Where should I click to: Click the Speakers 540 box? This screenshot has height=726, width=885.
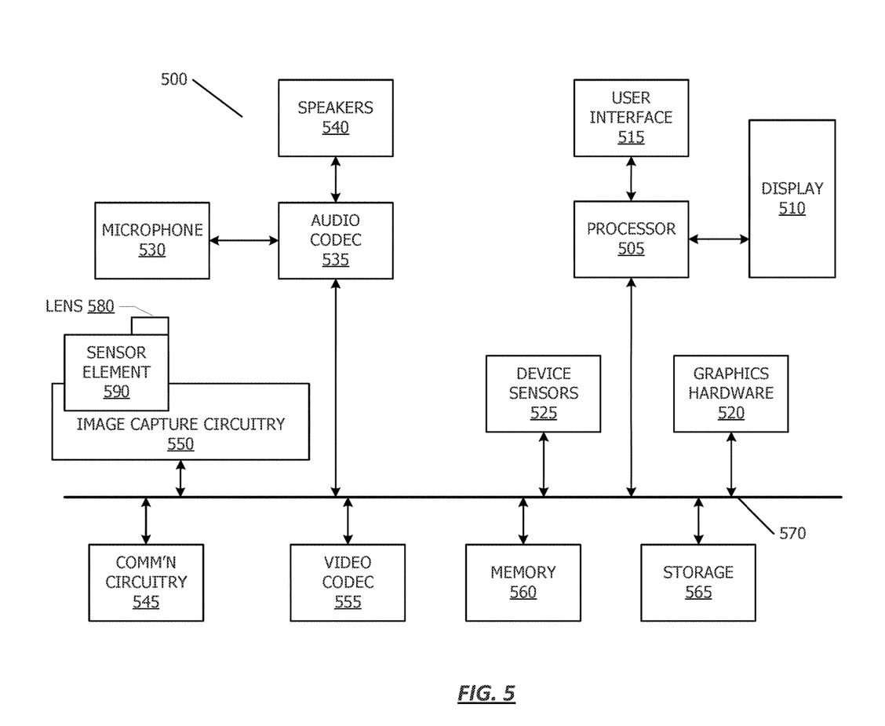click(x=335, y=117)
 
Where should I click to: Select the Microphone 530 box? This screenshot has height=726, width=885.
click(x=152, y=240)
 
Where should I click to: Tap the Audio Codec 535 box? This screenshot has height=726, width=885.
click(x=335, y=239)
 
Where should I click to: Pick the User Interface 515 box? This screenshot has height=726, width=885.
click(x=631, y=117)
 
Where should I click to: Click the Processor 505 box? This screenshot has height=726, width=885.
click(x=631, y=239)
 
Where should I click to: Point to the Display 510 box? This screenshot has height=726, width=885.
click(x=792, y=199)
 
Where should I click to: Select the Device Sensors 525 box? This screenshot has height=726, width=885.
click(x=543, y=393)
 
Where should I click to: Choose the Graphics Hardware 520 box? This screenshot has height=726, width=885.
click(x=730, y=393)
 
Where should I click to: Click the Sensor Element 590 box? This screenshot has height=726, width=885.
click(x=116, y=372)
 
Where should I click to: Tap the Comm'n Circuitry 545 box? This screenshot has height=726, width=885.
click(x=146, y=582)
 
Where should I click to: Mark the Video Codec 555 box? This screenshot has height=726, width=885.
click(x=348, y=582)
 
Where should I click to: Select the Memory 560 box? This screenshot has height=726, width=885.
click(x=523, y=582)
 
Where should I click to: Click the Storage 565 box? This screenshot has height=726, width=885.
click(x=697, y=582)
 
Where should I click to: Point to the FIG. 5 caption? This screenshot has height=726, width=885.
click(x=486, y=693)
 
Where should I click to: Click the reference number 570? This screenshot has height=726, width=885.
click(x=792, y=534)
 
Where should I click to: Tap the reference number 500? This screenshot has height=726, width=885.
click(x=173, y=79)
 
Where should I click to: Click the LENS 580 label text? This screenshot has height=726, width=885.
click(x=79, y=306)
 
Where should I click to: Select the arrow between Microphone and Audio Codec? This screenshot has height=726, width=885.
click(x=244, y=240)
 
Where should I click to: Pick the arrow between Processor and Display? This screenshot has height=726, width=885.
click(x=719, y=239)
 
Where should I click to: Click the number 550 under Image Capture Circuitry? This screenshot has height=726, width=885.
click(x=180, y=444)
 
